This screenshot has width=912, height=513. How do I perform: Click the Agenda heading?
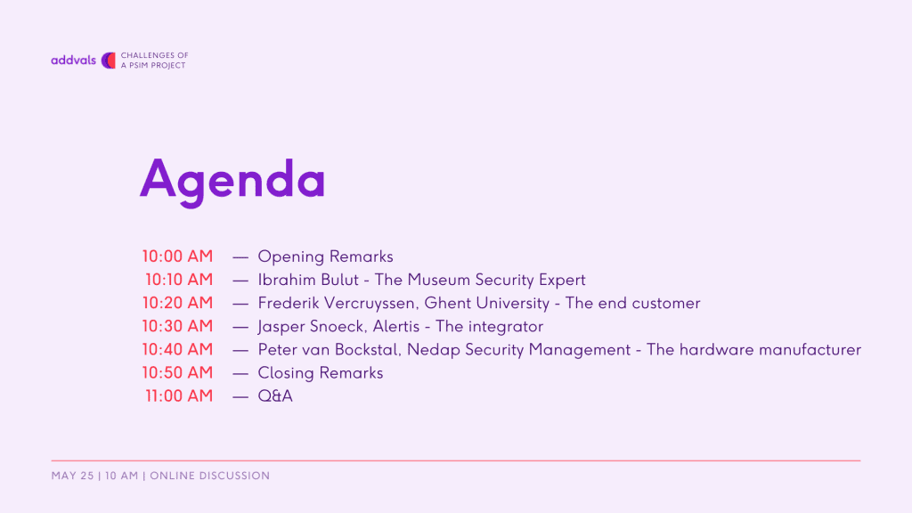click(232, 181)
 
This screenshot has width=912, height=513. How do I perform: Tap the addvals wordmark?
click(73, 60)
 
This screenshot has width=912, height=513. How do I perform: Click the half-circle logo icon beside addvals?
click(109, 60)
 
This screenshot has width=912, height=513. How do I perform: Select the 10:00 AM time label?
click(177, 256)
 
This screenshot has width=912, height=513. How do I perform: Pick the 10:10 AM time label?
click(179, 280)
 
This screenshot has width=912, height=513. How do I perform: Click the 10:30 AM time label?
click(177, 326)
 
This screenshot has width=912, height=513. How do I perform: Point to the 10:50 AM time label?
click(177, 373)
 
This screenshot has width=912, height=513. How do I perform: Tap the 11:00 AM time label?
click(179, 396)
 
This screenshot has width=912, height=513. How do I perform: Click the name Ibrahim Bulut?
click(308, 280)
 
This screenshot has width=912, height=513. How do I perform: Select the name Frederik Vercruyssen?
click(338, 303)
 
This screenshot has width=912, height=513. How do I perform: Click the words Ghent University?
click(487, 303)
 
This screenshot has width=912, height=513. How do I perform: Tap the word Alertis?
click(396, 326)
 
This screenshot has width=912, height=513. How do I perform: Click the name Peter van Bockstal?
click(330, 349)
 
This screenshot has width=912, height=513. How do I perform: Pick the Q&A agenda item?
click(275, 396)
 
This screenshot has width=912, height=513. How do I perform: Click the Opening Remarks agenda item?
click(326, 256)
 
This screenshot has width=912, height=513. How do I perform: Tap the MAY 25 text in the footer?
click(72, 476)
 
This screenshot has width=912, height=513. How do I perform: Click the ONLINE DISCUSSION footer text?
click(210, 476)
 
